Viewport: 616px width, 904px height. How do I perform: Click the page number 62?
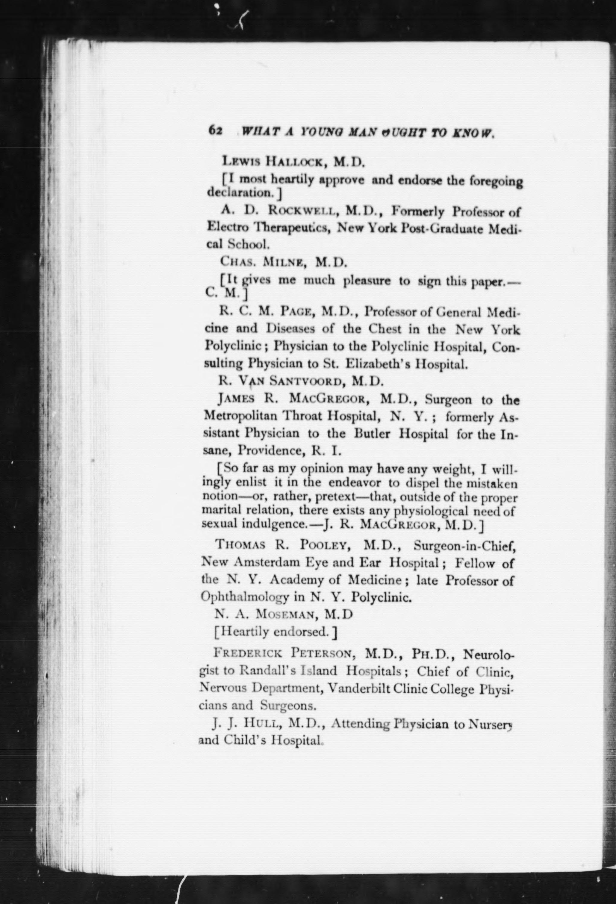coord(215,130)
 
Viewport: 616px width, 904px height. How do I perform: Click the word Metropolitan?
coord(241,417)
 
